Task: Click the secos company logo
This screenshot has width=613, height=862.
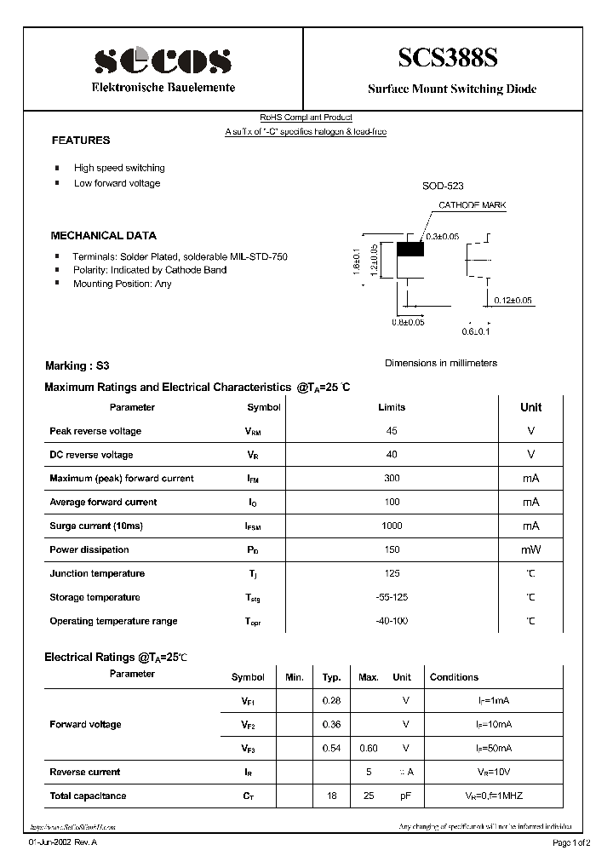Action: pyautogui.click(x=163, y=60)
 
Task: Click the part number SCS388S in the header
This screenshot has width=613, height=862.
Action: pyautogui.click(x=449, y=58)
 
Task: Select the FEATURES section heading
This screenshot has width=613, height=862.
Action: pyautogui.click(x=81, y=140)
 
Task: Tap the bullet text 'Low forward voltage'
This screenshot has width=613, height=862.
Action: pyautogui.click(x=117, y=183)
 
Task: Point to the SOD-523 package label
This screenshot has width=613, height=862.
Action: pyautogui.click(x=443, y=186)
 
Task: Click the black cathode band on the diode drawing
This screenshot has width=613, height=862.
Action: pyautogui.click(x=411, y=250)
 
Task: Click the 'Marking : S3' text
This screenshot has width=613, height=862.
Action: pyautogui.click(x=77, y=365)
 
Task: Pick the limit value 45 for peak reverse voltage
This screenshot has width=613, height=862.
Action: pyautogui.click(x=392, y=431)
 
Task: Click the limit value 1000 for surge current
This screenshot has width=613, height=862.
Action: pyautogui.click(x=392, y=526)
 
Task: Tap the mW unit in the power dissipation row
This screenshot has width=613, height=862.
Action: pyautogui.click(x=530, y=549)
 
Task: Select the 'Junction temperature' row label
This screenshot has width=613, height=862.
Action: pyautogui.click(x=97, y=573)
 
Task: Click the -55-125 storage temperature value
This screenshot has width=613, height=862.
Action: pyautogui.click(x=392, y=597)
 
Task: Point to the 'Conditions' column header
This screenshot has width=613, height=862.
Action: pyautogui.click(x=454, y=677)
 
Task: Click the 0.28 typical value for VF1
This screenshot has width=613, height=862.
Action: pyautogui.click(x=331, y=700)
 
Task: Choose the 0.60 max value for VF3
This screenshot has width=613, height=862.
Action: pyautogui.click(x=368, y=748)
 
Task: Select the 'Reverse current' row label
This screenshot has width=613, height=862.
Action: pyautogui.click(x=85, y=772)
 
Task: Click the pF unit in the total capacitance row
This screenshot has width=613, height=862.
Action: pyautogui.click(x=405, y=796)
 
